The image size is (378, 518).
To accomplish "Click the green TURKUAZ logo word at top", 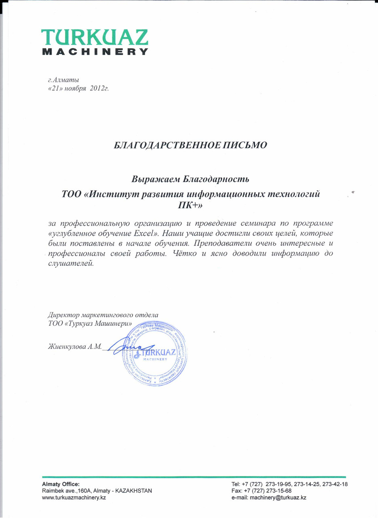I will click(x=95, y=38).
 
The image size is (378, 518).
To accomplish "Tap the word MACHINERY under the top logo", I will click(x=95, y=52).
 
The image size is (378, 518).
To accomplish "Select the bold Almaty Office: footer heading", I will click(x=61, y=484).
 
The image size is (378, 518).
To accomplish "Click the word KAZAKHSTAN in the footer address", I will click(x=133, y=490).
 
